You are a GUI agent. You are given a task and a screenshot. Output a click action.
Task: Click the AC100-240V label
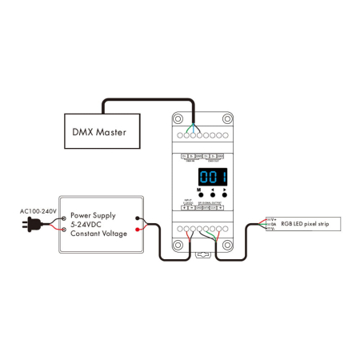click(37, 212)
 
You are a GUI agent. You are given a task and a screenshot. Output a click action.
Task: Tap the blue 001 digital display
click(214, 177)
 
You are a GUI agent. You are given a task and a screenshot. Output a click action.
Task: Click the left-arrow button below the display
click(213, 194)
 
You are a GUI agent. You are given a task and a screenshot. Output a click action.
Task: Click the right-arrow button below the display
click(226, 194)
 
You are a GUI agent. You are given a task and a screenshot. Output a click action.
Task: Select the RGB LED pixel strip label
click(304, 224)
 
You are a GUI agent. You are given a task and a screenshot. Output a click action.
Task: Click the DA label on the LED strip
click(274, 224)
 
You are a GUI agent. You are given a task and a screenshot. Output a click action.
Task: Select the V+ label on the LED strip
click(274, 218)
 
